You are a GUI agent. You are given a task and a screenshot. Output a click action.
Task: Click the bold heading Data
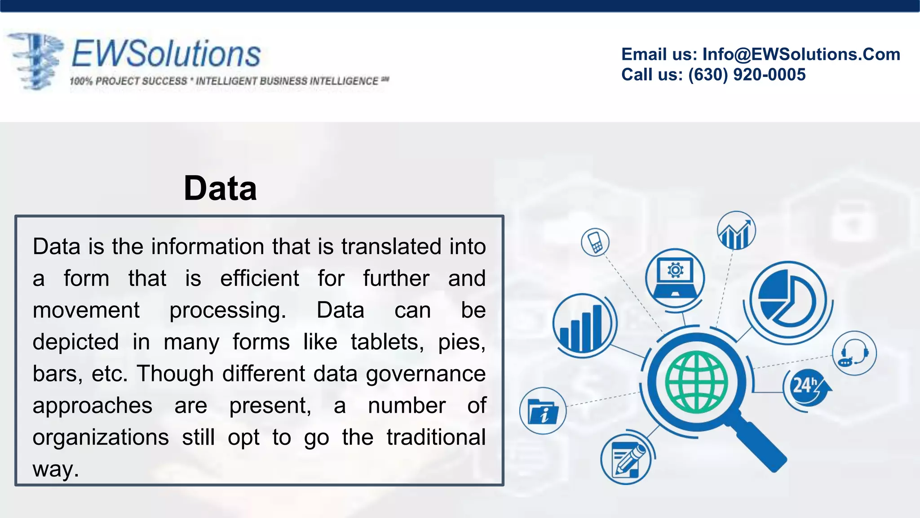tap(220, 188)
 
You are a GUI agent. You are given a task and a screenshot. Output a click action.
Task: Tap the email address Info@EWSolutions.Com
tap(801, 54)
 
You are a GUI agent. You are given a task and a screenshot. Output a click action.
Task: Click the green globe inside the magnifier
tap(696, 382)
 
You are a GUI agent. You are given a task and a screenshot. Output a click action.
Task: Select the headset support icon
tap(854, 353)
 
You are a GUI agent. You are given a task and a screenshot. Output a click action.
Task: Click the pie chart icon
tap(787, 299)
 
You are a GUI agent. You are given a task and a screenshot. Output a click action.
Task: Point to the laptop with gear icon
tap(675, 277)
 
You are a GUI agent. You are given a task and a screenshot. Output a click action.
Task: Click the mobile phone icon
tap(595, 242)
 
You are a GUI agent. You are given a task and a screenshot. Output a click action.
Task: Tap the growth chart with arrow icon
tap(736, 231)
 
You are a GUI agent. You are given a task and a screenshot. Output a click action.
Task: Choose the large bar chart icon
tap(583, 324)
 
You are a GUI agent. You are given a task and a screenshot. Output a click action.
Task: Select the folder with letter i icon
tap(543, 411)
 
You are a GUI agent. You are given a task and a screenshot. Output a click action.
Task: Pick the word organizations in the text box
tap(101, 438)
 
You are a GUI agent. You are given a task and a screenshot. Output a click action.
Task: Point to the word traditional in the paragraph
tap(436, 438)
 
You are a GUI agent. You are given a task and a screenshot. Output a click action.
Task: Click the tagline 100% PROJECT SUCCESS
tap(128, 81)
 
